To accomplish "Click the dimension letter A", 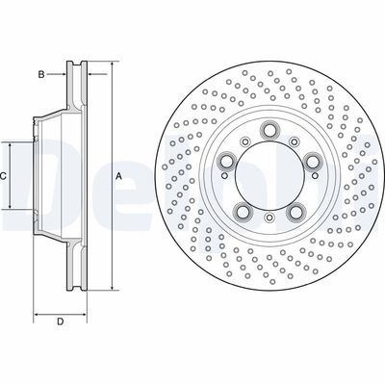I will [119, 176].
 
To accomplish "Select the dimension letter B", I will [41, 73].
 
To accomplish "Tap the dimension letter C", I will [5, 176].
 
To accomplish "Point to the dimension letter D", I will [59, 321].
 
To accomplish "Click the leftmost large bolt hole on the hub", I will [226, 162].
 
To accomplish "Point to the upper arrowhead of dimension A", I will [112, 65].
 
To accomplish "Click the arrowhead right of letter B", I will [64, 73].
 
